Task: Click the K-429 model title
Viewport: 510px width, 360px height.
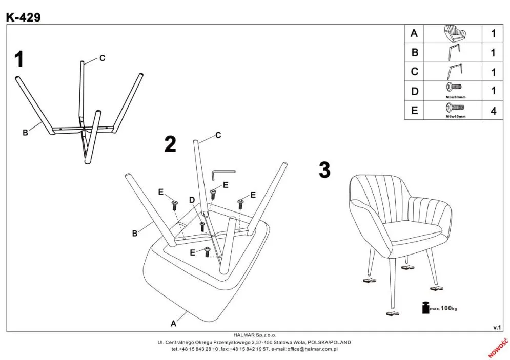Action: click(x=23, y=16)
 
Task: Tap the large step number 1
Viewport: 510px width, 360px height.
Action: click(x=19, y=60)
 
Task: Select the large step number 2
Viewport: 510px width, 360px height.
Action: click(x=170, y=144)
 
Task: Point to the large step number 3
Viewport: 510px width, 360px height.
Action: click(x=324, y=170)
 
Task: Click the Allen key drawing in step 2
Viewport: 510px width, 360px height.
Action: click(x=222, y=175)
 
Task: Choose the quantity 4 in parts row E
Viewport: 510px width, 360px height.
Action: click(x=493, y=111)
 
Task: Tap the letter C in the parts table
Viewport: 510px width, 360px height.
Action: click(x=415, y=72)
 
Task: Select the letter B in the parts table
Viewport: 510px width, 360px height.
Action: click(x=415, y=53)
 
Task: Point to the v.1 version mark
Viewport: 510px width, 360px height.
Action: click(x=496, y=327)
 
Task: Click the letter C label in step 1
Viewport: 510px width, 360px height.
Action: click(x=102, y=58)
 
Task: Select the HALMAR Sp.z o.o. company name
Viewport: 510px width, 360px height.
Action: click(x=255, y=335)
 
